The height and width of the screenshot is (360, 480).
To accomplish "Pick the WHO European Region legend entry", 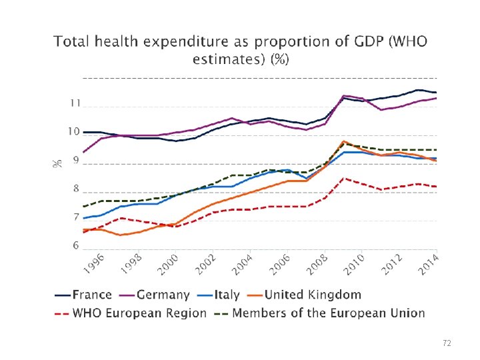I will pyautogui.click(x=130, y=313).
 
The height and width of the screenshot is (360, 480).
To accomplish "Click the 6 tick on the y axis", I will pyautogui.click(x=76, y=245).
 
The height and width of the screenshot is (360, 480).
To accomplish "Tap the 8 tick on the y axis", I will pyautogui.click(x=76, y=189).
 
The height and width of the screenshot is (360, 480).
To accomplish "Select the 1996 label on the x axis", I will pyautogui.click(x=95, y=263).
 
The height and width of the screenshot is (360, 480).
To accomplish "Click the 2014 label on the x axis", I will pyautogui.click(x=429, y=263).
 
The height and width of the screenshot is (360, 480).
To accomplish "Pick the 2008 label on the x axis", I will pyautogui.click(x=317, y=263).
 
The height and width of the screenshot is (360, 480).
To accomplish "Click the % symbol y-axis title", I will pyautogui.click(x=57, y=162).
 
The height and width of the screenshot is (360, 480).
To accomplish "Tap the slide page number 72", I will pyautogui.click(x=447, y=343).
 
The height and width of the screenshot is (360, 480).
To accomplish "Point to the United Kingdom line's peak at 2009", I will pyautogui.click(x=343, y=141).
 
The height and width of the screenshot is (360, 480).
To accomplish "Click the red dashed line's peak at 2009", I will pyautogui.click(x=343, y=178).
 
